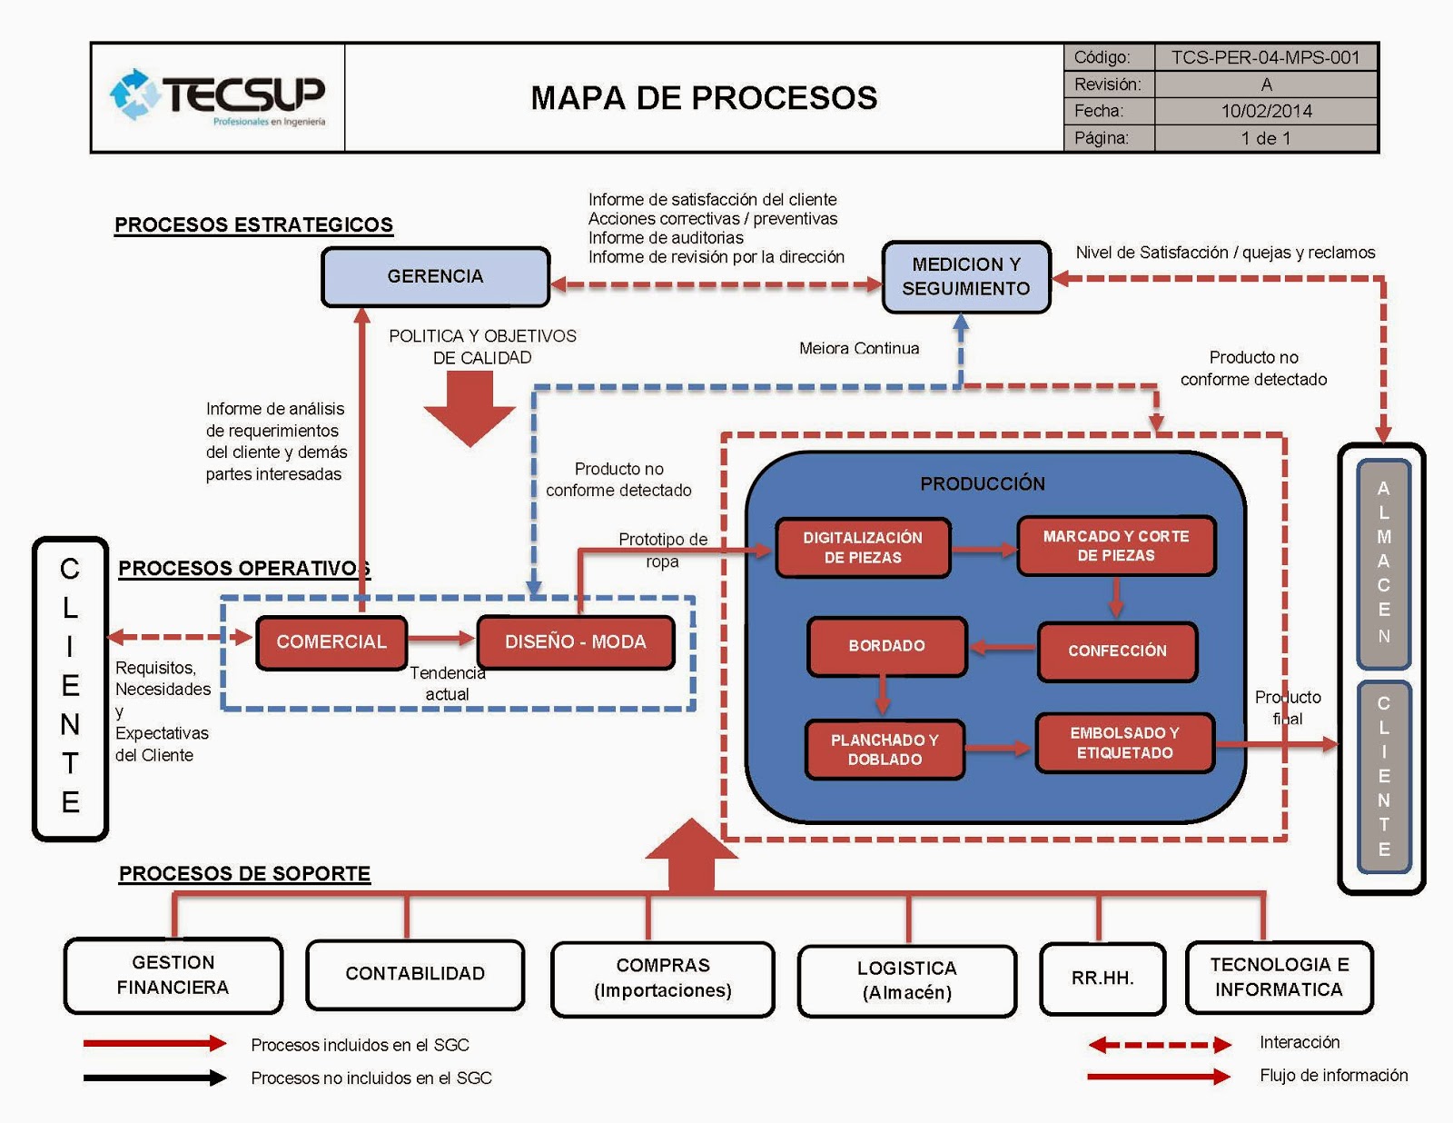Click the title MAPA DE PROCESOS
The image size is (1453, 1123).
click(704, 98)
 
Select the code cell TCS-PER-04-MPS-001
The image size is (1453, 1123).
click(1265, 57)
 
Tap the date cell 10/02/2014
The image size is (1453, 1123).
click(1265, 111)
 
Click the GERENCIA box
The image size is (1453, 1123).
click(435, 276)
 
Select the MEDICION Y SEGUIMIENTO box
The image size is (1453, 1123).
click(965, 276)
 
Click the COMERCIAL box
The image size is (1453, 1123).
click(331, 642)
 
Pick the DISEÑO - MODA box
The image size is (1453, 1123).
click(575, 642)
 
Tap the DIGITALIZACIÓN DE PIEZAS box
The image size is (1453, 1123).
click(863, 547)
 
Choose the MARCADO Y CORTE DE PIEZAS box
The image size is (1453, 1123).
click(1115, 546)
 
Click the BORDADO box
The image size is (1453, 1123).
click(886, 646)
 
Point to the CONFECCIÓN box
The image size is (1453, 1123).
click(1117, 651)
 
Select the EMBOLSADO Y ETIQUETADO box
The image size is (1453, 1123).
click(1124, 742)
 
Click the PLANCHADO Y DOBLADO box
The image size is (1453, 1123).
click(885, 750)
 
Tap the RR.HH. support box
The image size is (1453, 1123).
click(1102, 979)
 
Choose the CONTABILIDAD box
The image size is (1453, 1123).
click(415, 974)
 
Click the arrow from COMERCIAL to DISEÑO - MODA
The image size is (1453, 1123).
click(441, 639)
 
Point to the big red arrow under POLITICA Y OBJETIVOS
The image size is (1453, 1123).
click(470, 407)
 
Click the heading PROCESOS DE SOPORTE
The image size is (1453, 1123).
click(244, 874)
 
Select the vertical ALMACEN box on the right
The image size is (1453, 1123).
click(1383, 563)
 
